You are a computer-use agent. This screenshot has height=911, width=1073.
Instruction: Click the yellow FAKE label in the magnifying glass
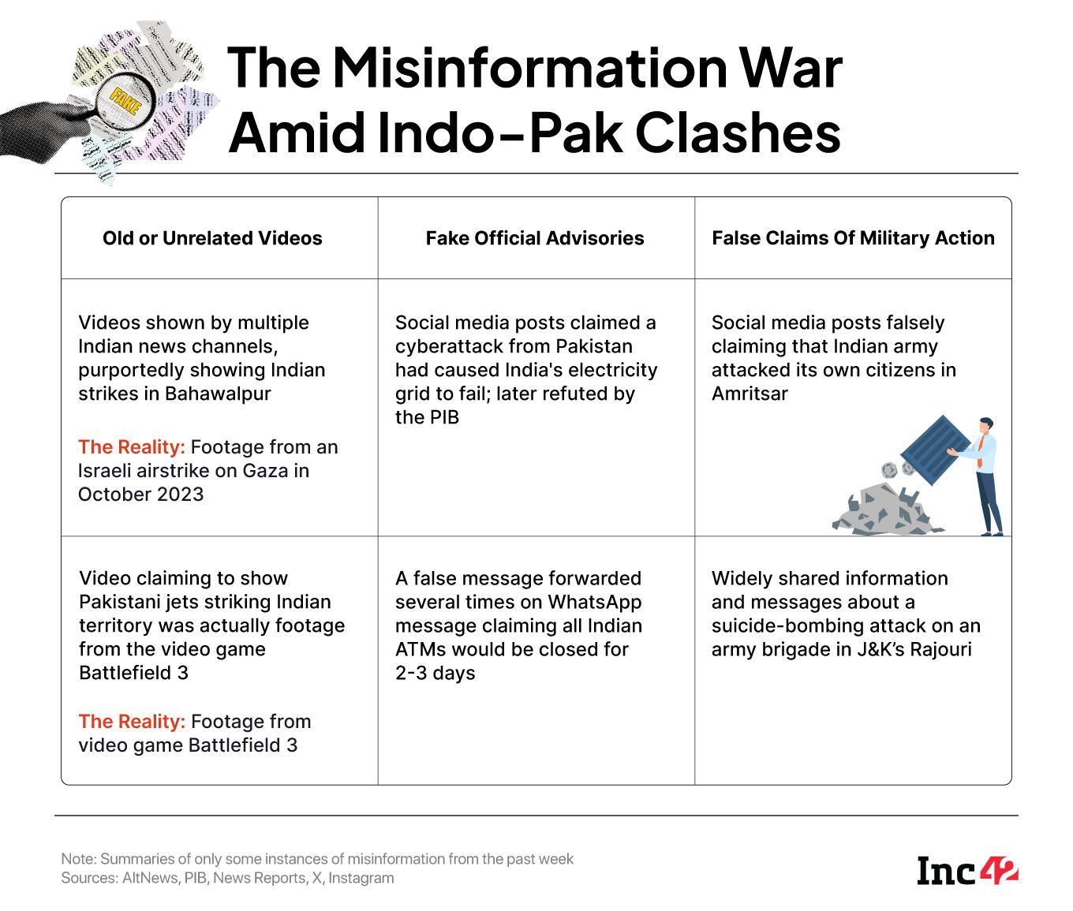click(125, 101)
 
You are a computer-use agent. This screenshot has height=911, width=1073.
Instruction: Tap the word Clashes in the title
click(738, 133)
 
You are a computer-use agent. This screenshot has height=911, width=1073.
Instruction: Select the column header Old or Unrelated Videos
click(212, 238)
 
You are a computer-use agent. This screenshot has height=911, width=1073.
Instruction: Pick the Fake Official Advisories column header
click(535, 238)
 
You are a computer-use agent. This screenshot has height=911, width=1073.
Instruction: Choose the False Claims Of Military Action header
click(853, 238)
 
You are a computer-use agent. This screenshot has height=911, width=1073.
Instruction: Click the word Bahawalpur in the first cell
click(218, 394)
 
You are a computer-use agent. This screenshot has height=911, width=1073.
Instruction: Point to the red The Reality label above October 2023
click(131, 447)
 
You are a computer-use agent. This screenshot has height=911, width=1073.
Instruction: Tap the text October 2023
click(140, 495)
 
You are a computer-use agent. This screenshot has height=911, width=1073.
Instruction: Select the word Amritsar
click(749, 394)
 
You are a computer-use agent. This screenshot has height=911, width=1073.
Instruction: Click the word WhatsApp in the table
click(594, 602)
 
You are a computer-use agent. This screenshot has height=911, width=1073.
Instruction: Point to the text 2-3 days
click(435, 674)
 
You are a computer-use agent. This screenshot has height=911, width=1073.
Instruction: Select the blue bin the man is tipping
click(934, 450)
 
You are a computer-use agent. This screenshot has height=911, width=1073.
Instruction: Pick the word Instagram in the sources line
click(361, 879)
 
